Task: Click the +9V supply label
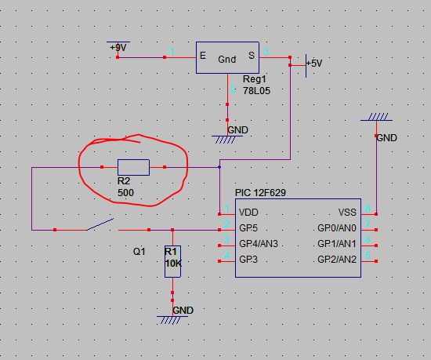[118, 48]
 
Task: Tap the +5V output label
[314, 64]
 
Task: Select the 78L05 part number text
[256, 91]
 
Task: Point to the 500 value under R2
[125, 192]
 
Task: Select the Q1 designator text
[139, 251]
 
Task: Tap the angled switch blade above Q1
[100, 224]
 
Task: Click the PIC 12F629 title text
[260, 192]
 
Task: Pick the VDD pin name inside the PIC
[248, 213]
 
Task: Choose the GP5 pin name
[248, 228]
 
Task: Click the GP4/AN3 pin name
[259, 244]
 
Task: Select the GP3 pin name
[248, 260]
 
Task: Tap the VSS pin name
[347, 213]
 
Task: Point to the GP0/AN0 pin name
[337, 228]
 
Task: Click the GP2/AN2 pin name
[337, 260]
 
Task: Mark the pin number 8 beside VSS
[368, 208]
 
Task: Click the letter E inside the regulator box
[203, 56]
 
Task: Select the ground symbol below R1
[172, 320]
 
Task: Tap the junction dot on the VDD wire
[219, 167]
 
